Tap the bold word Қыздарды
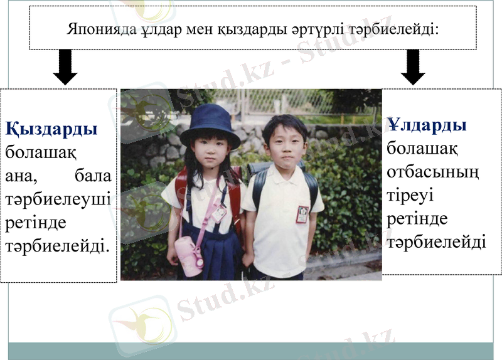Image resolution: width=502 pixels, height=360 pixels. (51, 130)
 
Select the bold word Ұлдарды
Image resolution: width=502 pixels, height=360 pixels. (427, 125)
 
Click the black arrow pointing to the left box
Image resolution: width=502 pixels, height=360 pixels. (65, 67)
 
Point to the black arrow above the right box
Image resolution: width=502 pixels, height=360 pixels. (412, 67)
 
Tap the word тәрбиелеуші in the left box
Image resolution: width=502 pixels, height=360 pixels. (58, 199)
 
